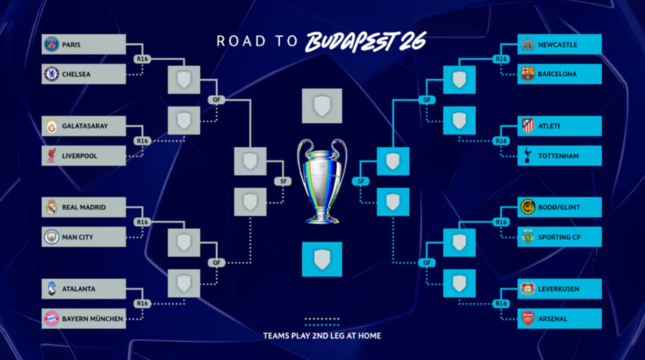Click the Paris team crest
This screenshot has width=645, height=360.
pyautogui.click(x=51, y=44)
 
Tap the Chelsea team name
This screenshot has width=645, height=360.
pyautogui.click(x=77, y=74)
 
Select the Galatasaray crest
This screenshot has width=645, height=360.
pyautogui.click(x=51, y=126)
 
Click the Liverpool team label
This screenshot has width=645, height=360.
pyautogui.click(x=80, y=156)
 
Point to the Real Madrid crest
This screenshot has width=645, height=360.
pyautogui.click(x=51, y=208)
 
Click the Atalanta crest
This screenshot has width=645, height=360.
pyautogui.click(x=51, y=289)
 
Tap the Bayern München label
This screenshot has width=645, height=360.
pyautogui.click(x=92, y=319)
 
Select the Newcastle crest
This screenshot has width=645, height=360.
pyautogui.click(x=528, y=44)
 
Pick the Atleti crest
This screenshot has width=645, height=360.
pyautogui.click(x=528, y=126)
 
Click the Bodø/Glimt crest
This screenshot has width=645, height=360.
pyautogui.click(x=528, y=208)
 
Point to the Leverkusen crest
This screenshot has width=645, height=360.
pyautogui.click(x=528, y=289)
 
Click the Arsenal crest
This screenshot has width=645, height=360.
pyautogui.click(x=528, y=319)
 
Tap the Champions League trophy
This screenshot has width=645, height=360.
pyautogui.click(x=322, y=181)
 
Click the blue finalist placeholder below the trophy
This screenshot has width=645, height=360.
pyautogui.click(x=322, y=259)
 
